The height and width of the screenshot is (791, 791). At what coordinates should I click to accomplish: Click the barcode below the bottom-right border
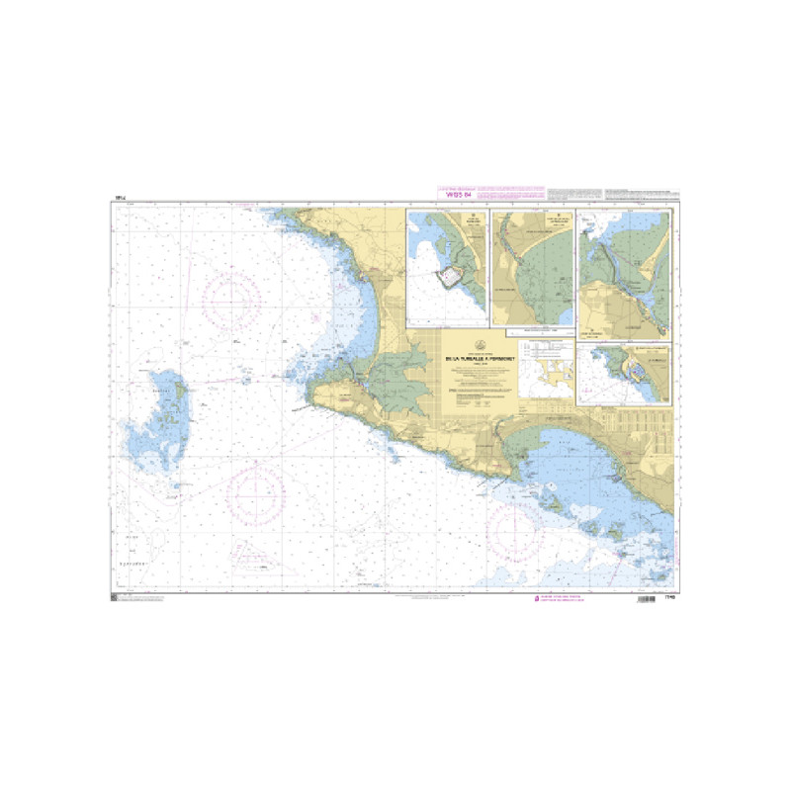click(641, 601)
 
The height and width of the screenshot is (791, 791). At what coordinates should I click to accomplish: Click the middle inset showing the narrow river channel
click(532, 267)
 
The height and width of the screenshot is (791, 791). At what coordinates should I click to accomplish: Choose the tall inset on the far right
click(624, 274)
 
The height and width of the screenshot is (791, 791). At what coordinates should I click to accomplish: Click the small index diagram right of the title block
click(546, 375)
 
